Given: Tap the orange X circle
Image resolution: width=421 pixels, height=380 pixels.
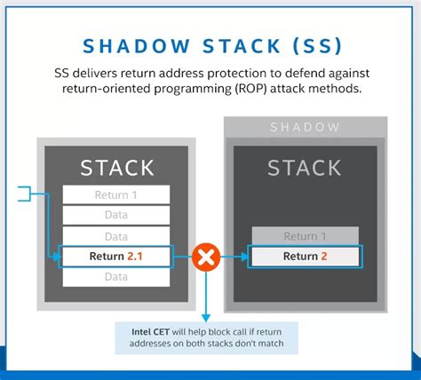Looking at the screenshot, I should pyautogui.click(x=206, y=257).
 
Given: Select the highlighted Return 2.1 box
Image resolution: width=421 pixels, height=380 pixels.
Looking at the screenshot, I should pyautogui.click(x=115, y=257).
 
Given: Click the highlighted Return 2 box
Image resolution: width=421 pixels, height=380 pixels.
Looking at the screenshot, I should pyautogui.click(x=306, y=257).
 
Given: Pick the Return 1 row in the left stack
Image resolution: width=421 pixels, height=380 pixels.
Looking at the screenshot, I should pyautogui.click(x=115, y=195).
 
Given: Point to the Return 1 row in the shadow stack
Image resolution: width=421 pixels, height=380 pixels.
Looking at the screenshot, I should pyautogui.click(x=306, y=236).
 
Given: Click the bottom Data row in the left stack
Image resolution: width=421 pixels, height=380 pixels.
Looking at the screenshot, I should pyautogui.click(x=115, y=278).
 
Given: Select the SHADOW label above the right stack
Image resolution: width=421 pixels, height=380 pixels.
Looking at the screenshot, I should pyautogui.click(x=306, y=128).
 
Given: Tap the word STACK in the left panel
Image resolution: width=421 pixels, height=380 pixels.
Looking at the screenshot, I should pyautogui.click(x=115, y=166).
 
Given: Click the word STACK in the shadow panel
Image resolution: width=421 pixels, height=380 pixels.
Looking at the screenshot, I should pyautogui.click(x=306, y=167).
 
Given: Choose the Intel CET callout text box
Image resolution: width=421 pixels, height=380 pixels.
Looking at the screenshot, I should pyautogui.click(x=206, y=337).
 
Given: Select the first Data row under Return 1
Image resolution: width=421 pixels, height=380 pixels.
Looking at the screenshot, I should pyautogui.click(x=115, y=216).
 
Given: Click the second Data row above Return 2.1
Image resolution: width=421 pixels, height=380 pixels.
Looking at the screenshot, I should pyautogui.click(x=115, y=236).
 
